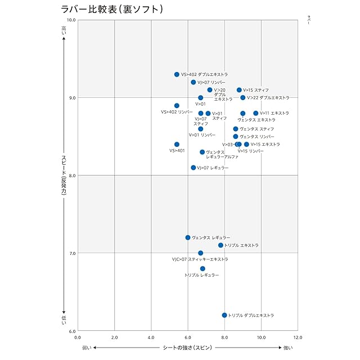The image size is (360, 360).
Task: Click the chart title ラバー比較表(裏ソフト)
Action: [112, 10]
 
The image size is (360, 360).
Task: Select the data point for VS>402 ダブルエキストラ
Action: [177, 74]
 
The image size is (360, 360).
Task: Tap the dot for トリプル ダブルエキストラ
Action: [224, 315]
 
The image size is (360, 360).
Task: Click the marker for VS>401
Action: [177, 145]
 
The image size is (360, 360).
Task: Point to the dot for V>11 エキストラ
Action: [256, 113]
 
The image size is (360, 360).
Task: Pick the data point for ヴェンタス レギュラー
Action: [188, 237]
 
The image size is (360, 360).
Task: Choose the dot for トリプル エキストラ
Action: [221, 245]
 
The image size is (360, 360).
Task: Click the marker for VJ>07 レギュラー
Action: [193, 168]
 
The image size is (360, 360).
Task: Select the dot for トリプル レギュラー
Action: [202, 268]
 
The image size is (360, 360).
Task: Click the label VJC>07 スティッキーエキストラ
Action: [200, 260]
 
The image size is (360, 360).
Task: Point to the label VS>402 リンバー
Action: [177, 112]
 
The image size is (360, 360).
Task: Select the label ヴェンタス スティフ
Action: [257, 129]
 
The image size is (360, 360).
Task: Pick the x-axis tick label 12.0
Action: [298, 337]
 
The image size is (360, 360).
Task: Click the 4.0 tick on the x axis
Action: [151, 337]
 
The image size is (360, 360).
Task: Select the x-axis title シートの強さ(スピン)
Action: [187, 348]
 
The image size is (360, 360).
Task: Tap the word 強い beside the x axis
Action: [287, 348]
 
